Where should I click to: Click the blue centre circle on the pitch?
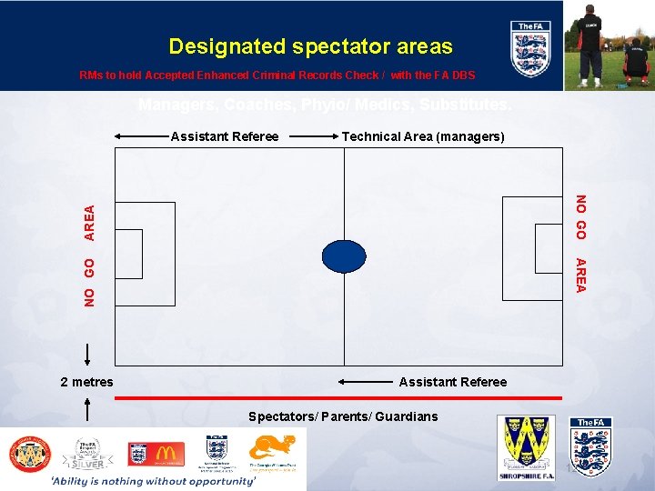(x=344, y=256)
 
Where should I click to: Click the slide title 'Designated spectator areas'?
(x=310, y=45)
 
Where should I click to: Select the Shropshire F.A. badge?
(x=526, y=446)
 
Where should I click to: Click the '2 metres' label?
(x=86, y=382)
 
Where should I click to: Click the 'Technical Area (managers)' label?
(x=422, y=136)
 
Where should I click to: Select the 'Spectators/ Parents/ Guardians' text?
(x=343, y=416)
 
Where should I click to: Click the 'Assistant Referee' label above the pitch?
(x=225, y=136)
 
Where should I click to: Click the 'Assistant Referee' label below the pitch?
(x=452, y=382)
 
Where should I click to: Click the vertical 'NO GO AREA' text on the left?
(x=89, y=255)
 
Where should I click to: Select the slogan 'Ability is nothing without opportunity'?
(x=153, y=480)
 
